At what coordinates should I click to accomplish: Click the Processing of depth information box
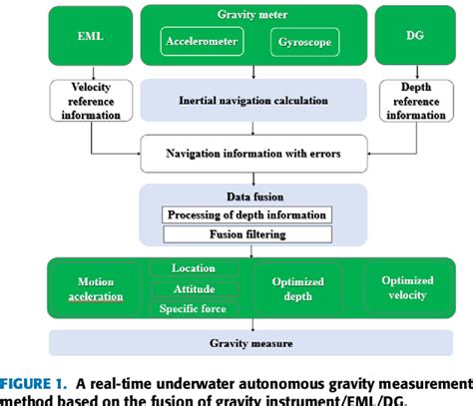[x=245, y=215]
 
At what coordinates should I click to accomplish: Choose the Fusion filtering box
[x=245, y=235]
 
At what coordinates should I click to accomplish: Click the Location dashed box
[x=194, y=269]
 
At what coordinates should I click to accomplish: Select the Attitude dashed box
[x=194, y=288]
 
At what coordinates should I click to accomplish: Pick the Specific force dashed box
[x=194, y=307]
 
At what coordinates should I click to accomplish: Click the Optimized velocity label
[x=407, y=288]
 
